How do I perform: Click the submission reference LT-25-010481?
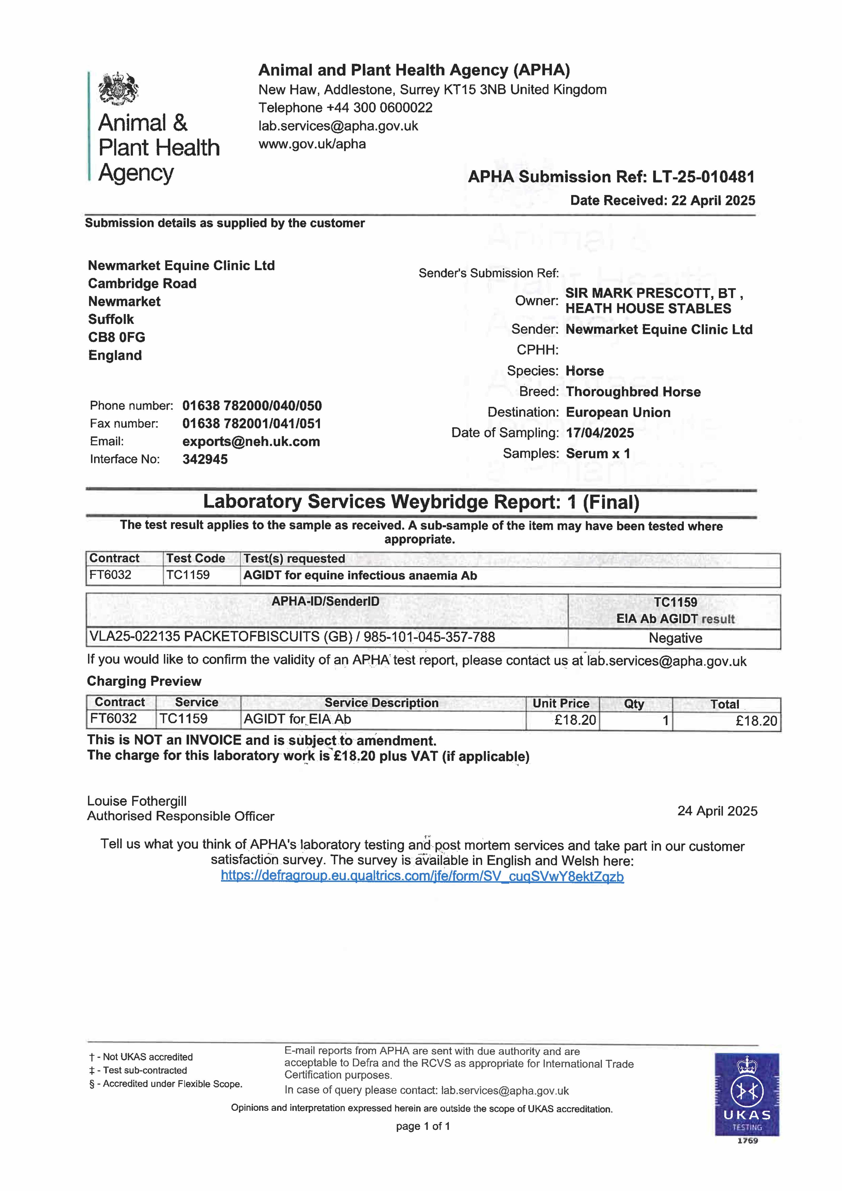click(703, 177)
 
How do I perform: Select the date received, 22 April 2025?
click(713, 201)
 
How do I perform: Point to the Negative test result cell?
click(675, 638)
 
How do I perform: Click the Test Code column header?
click(196, 559)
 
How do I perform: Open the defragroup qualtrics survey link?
click(422, 877)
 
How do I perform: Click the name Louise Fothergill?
click(137, 802)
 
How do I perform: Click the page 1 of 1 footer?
click(423, 1126)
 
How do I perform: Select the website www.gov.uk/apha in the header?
click(312, 144)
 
